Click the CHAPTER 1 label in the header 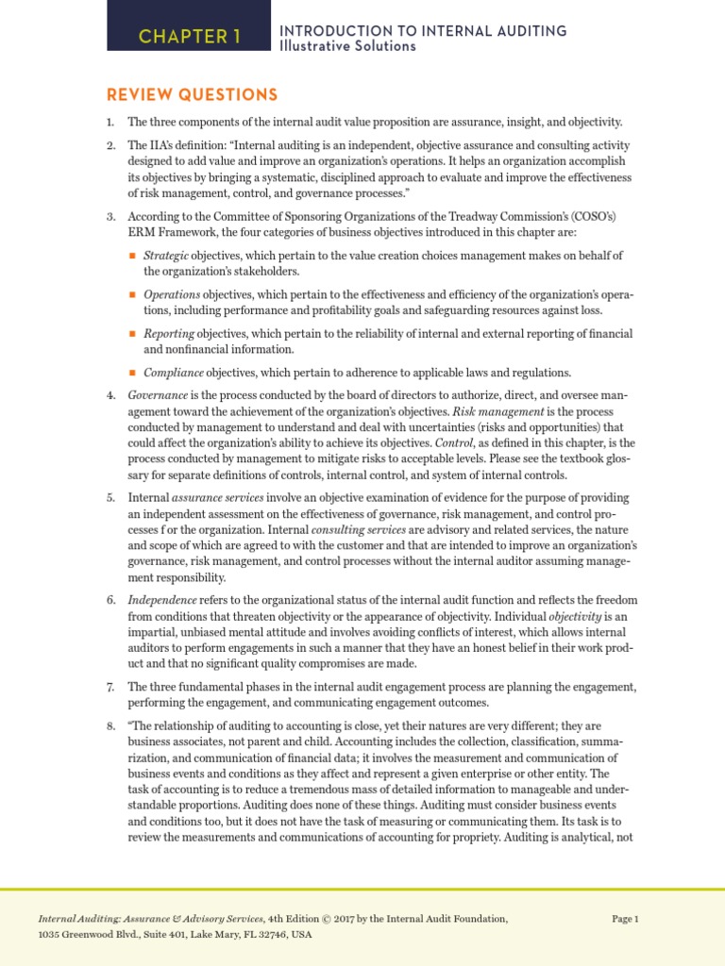[x=190, y=37]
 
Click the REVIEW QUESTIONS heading [x=192, y=95]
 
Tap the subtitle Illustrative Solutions [x=347, y=46]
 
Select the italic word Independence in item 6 [x=162, y=600]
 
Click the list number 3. [x=110, y=217]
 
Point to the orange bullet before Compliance [x=132, y=373]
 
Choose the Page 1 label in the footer [x=625, y=918]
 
